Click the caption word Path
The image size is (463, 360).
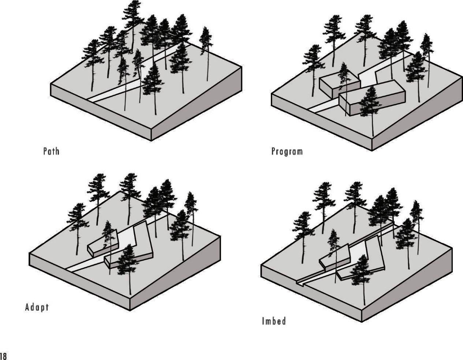tap(51, 151)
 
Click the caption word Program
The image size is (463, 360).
tap(287, 151)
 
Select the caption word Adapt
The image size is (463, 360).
tap(37, 307)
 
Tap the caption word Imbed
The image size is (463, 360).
tap(274, 321)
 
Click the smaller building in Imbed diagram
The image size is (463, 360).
tap(335, 256)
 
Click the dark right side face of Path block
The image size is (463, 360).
tap(198, 106)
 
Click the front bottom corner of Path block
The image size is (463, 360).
tap(152, 140)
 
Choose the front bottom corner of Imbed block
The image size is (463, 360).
tap(362, 322)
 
